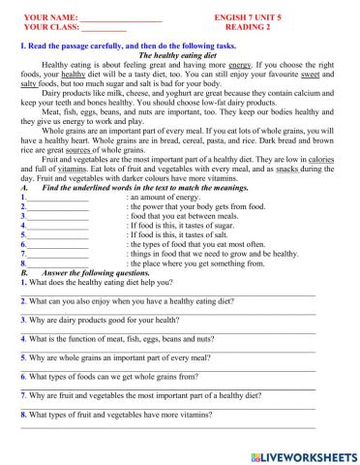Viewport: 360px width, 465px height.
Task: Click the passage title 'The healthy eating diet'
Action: tap(180, 56)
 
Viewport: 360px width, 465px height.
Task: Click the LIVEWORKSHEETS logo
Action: tap(303, 453)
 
